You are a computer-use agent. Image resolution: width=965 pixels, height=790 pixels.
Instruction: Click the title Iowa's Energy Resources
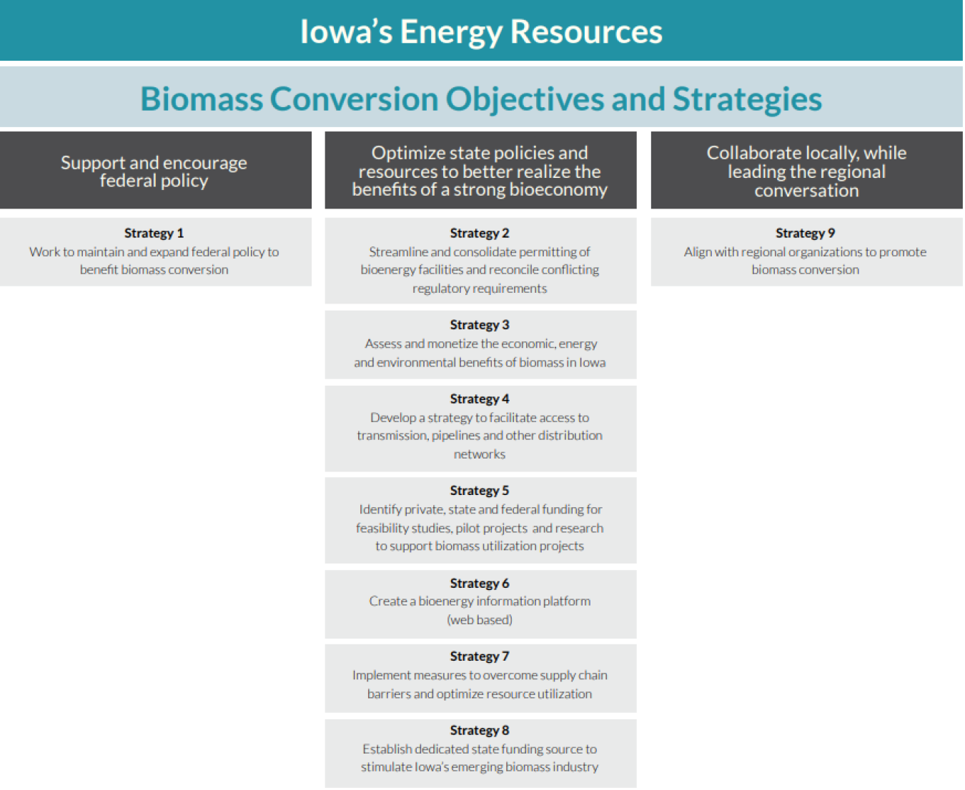tap(481, 32)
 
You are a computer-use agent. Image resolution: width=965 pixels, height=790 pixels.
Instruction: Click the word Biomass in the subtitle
tap(201, 99)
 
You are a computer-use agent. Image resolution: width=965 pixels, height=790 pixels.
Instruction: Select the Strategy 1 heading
tap(154, 234)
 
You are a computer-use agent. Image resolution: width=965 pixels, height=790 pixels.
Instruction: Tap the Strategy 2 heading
tap(480, 234)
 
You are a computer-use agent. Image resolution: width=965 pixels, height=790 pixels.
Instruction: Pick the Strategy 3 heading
tap(480, 325)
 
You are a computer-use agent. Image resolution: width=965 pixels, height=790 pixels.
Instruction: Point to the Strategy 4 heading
tap(480, 399)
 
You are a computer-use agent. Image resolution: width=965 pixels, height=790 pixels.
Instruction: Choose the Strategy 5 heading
tap(480, 491)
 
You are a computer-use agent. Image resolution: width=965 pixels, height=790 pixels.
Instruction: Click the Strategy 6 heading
tap(480, 584)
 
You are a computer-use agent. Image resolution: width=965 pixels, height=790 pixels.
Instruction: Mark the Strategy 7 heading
tap(480, 656)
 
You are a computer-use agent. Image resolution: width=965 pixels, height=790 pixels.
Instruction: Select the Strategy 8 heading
tap(480, 731)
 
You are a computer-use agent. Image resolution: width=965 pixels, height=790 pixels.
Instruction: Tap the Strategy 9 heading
tap(805, 234)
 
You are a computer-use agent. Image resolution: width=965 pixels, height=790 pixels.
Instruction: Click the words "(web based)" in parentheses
tap(480, 620)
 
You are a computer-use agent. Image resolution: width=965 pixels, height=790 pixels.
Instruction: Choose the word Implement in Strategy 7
tap(382, 675)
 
